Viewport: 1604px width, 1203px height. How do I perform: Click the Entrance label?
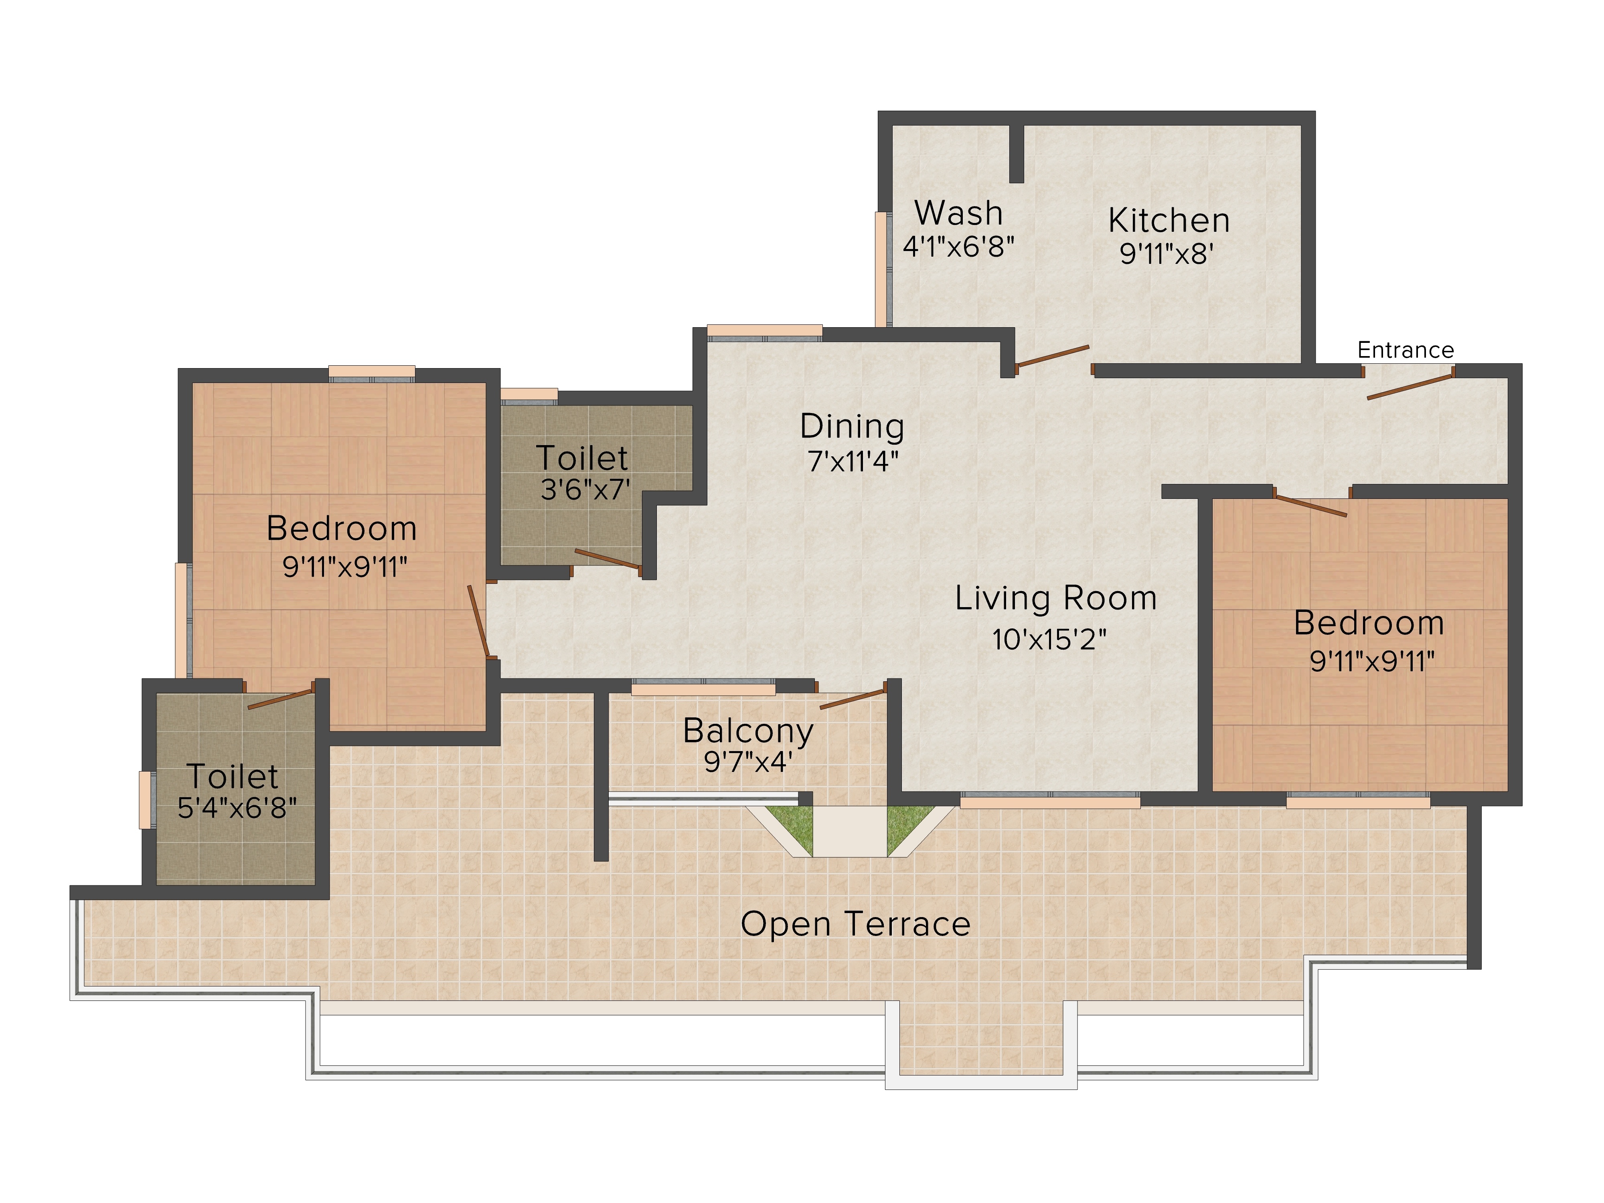point(1406,350)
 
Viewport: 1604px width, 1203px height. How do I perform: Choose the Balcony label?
point(748,731)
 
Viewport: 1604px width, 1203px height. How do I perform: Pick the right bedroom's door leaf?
point(1310,505)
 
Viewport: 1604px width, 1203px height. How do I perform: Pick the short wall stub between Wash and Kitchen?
point(1017,154)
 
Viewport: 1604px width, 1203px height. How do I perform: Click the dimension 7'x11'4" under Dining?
point(853,461)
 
